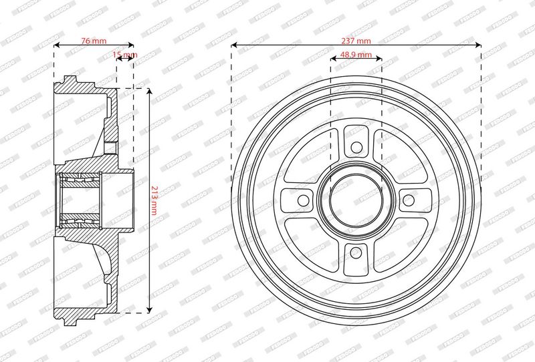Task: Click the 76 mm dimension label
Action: [x=94, y=41]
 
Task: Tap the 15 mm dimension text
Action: [x=125, y=54]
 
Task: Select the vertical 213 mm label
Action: [x=154, y=200]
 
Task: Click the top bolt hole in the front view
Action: [x=356, y=145]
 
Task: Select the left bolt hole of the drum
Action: [x=302, y=199]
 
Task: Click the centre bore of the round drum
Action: [x=356, y=199]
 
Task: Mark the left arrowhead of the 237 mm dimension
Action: [x=234, y=45]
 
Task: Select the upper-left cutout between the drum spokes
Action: [x=312, y=156]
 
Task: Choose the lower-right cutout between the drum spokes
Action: [x=399, y=242]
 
